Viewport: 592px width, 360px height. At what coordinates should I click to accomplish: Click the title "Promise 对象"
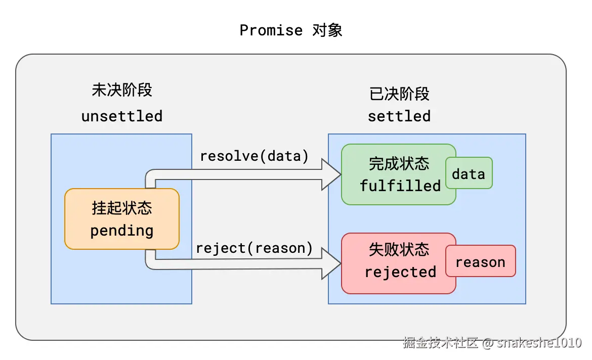pyautogui.click(x=291, y=30)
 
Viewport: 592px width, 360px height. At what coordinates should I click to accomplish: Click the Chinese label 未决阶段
pyautogui.click(x=121, y=90)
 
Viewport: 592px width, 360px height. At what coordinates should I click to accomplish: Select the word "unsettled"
pyautogui.click(x=121, y=116)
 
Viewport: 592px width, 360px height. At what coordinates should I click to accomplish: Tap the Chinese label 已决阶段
pyautogui.click(x=399, y=94)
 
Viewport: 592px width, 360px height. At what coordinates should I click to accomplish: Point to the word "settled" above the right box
pyautogui.click(x=399, y=116)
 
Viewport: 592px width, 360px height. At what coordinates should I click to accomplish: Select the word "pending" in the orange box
pyautogui.click(x=121, y=231)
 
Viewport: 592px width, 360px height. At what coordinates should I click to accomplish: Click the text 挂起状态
pyautogui.click(x=121, y=208)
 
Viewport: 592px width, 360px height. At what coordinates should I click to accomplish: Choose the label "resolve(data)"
pyautogui.click(x=254, y=156)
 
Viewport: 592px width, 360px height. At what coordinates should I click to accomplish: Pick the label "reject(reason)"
pyautogui.click(x=254, y=248)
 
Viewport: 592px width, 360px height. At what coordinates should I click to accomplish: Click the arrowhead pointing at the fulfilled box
pyautogui.click(x=331, y=174)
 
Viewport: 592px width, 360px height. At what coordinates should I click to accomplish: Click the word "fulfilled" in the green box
pyautogui.click(x=400, y=186)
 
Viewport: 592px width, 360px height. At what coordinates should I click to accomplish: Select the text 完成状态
pyautogui.click(x=399, y=164)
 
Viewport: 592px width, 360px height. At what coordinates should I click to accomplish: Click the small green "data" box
pyautogui.click(x=469, y=174)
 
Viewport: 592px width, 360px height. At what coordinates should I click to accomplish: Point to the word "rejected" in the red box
pyautogui.click(x=400, y=273)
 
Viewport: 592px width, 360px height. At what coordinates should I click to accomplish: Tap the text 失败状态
pyautogui.click(x=399, y=250)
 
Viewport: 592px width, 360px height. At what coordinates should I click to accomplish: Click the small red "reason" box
pyautogui.click(x=480, y=262)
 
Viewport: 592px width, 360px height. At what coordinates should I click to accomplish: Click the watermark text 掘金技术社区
pyautogui.click(x=440, y=343)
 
